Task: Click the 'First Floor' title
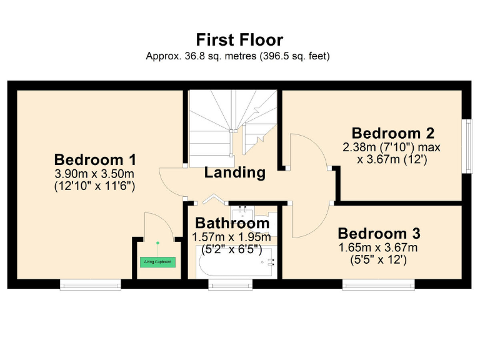point(239,40)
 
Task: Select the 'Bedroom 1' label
point(95,159)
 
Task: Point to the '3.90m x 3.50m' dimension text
point(95,173)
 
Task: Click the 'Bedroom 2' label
point(392,133)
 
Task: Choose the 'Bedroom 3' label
point(379,234)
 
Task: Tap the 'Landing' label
point(234,172)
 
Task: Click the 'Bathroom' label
point(232,223)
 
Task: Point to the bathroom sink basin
point(243,213)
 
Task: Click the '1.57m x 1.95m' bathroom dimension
point(231,237)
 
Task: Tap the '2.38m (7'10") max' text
point(392,147)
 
